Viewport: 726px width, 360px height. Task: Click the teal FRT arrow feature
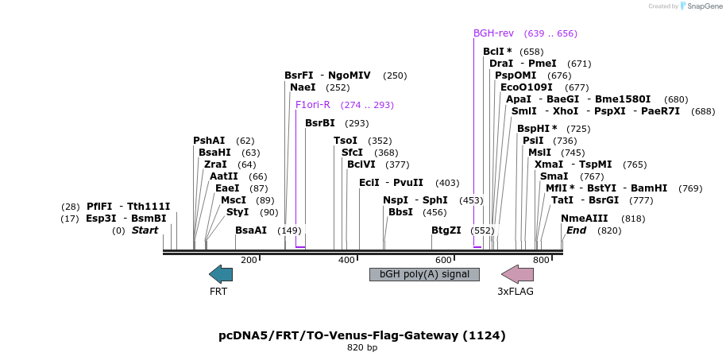pyautogui.click(x=221, y=274)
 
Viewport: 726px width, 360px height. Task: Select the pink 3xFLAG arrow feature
pyautogui.click(x=517, y=274)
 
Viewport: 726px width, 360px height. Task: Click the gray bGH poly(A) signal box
pyautogui.click(x=424, y=274)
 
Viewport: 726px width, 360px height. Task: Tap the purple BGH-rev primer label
pyautogui.click(x=493, y=33)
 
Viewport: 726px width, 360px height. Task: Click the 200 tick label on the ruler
pyautogui.click(x=249, y=260)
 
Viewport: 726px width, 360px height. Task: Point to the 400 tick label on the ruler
pyautogui.click(x=346, y=260)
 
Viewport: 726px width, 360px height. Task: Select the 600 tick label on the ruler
pyautogui.click(x=443, y=260)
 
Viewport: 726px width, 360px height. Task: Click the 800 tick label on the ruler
pyautogui.click(x=541, y=260)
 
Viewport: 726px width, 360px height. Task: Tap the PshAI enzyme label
pyautogui.click(x=209, y=141)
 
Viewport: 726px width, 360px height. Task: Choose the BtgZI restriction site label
pyautogui.click(x=446, y=230)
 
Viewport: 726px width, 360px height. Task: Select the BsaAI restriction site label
pyautogui.click(x=251, y=230)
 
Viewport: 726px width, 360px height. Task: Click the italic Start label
pyautogui.click(x=145, y=230)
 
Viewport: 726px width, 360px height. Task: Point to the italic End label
pyautogui.click(x=576, y=230)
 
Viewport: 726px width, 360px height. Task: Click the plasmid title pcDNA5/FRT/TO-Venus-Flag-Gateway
pyautogui.click(x=361, y=335)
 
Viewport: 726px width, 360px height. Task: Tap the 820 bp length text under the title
pyautogui.click(x=362, y=348)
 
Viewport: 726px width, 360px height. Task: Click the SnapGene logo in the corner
pyautogui.click(x=700, y=6)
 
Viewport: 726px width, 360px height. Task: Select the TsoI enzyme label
pyautogui.click(x=346, y=141)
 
